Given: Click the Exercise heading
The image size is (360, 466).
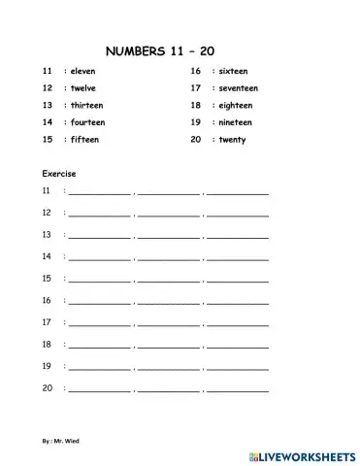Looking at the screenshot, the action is coord(59,173).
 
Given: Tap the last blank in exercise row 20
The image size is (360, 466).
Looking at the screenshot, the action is coord(238,389).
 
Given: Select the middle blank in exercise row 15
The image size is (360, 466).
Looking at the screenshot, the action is coord(168,280).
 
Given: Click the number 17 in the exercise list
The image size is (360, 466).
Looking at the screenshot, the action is coord(47,321).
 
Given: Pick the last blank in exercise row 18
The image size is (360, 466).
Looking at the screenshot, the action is coord(238,346).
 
